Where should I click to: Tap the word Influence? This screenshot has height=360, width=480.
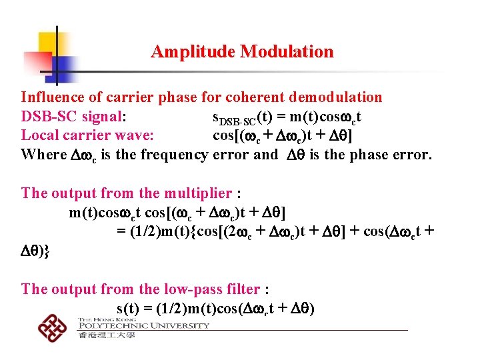(55, 97)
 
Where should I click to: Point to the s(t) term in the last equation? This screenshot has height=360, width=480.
(129, 309)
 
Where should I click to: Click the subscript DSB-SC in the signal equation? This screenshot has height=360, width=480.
(237, 121)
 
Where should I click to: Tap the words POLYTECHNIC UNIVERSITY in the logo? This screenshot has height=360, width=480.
(143, 326)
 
